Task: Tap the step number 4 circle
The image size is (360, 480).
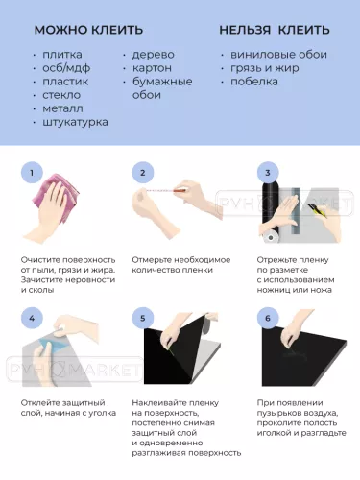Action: point(32,318)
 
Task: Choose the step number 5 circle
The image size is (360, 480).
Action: point(143,318)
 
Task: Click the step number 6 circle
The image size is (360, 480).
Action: point(268,318)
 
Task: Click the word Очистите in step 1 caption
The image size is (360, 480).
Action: point(43,259)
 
